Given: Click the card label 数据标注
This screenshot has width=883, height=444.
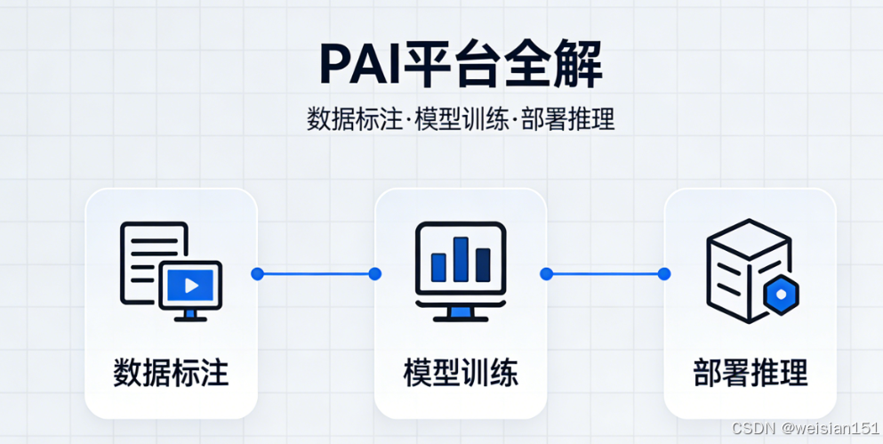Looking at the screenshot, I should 171,372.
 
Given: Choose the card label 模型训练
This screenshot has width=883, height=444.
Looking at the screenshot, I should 461,372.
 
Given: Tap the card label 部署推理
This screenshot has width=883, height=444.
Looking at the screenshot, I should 751,372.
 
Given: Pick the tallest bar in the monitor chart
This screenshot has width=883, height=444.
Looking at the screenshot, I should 461,258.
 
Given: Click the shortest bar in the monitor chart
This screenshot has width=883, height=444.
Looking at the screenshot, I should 438,267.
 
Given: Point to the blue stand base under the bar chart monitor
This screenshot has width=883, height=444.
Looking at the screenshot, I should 461,312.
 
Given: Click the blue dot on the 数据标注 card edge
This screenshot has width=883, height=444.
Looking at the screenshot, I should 257,274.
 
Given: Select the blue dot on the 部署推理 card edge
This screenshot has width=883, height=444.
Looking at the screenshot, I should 664,274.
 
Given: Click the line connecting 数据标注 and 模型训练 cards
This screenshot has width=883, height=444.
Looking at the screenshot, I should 316,274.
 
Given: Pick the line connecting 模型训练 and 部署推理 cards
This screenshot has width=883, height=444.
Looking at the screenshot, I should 606,274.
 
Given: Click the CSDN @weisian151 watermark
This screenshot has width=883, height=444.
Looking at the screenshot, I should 806,428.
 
